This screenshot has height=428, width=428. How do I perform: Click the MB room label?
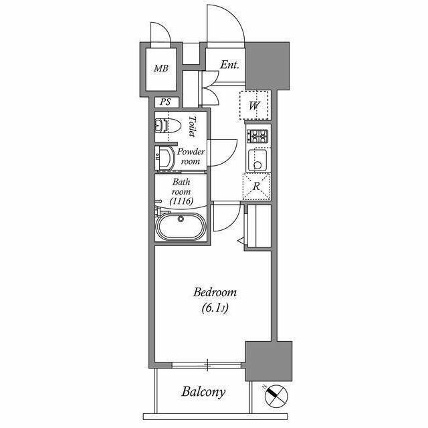click(x=161, y=68)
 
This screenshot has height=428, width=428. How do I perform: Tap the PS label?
click(x=165, y=102)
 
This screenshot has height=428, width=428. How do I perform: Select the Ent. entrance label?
click(x=229, y=65)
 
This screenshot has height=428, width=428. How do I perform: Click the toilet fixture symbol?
click(x=168, y=126)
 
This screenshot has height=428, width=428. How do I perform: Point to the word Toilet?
click(x=193, y=126)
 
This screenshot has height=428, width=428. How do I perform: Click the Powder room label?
click(x=191, y=156)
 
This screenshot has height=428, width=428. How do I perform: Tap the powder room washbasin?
click(x=165, y=158)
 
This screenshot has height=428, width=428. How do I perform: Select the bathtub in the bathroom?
click(x=181, y=227)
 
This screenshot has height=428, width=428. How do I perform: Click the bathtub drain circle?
click(x=181, y=219)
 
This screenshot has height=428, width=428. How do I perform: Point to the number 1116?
click(x=181, y=201)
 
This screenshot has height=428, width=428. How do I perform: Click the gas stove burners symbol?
click(x=257, y=136)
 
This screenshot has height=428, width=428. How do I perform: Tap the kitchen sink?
click(x=257, y=160)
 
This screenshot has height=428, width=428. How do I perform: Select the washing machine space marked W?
click(x=254, y=106)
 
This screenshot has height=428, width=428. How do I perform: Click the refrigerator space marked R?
click(x=256, y=187)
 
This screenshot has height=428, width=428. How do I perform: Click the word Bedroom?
click(x=215, y=292)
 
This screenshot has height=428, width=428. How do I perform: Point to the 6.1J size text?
click(x=215, y=308)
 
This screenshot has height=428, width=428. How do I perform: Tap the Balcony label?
click(x=203, y=393)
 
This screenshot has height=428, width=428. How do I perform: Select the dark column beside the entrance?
click(x=267, y=66)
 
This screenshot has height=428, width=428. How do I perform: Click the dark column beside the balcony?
click(x=269, y=360)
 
